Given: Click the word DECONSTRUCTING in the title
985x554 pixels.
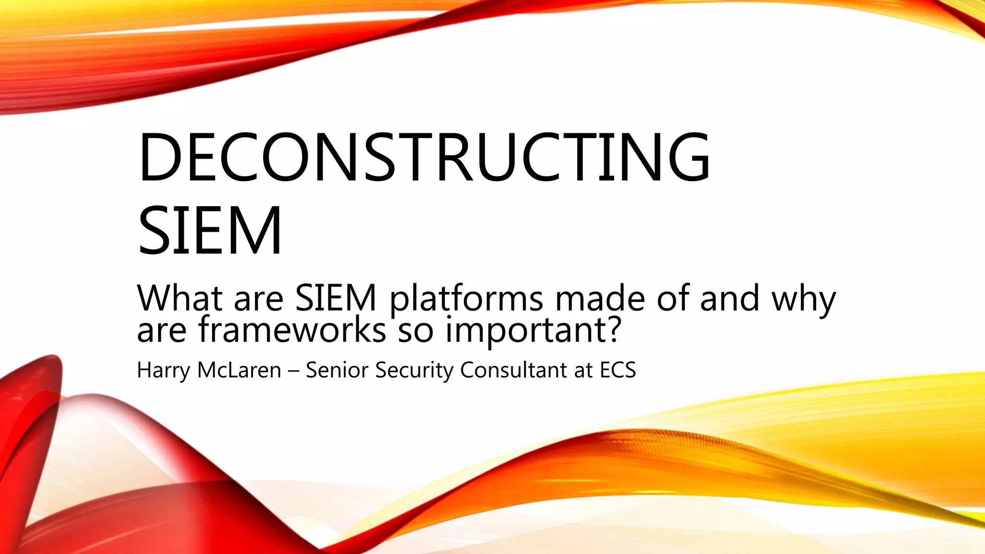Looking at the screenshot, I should (x=423, y=157).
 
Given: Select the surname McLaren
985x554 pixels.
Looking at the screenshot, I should (x=239, y=370).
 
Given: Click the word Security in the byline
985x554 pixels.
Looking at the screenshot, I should (x=414, y=370).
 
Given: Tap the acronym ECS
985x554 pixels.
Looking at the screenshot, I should (x=618, y=370).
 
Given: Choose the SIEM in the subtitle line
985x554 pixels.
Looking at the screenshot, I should (x=335, y=298).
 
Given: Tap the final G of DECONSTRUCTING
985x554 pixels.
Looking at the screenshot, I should (x=684, y=157).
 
